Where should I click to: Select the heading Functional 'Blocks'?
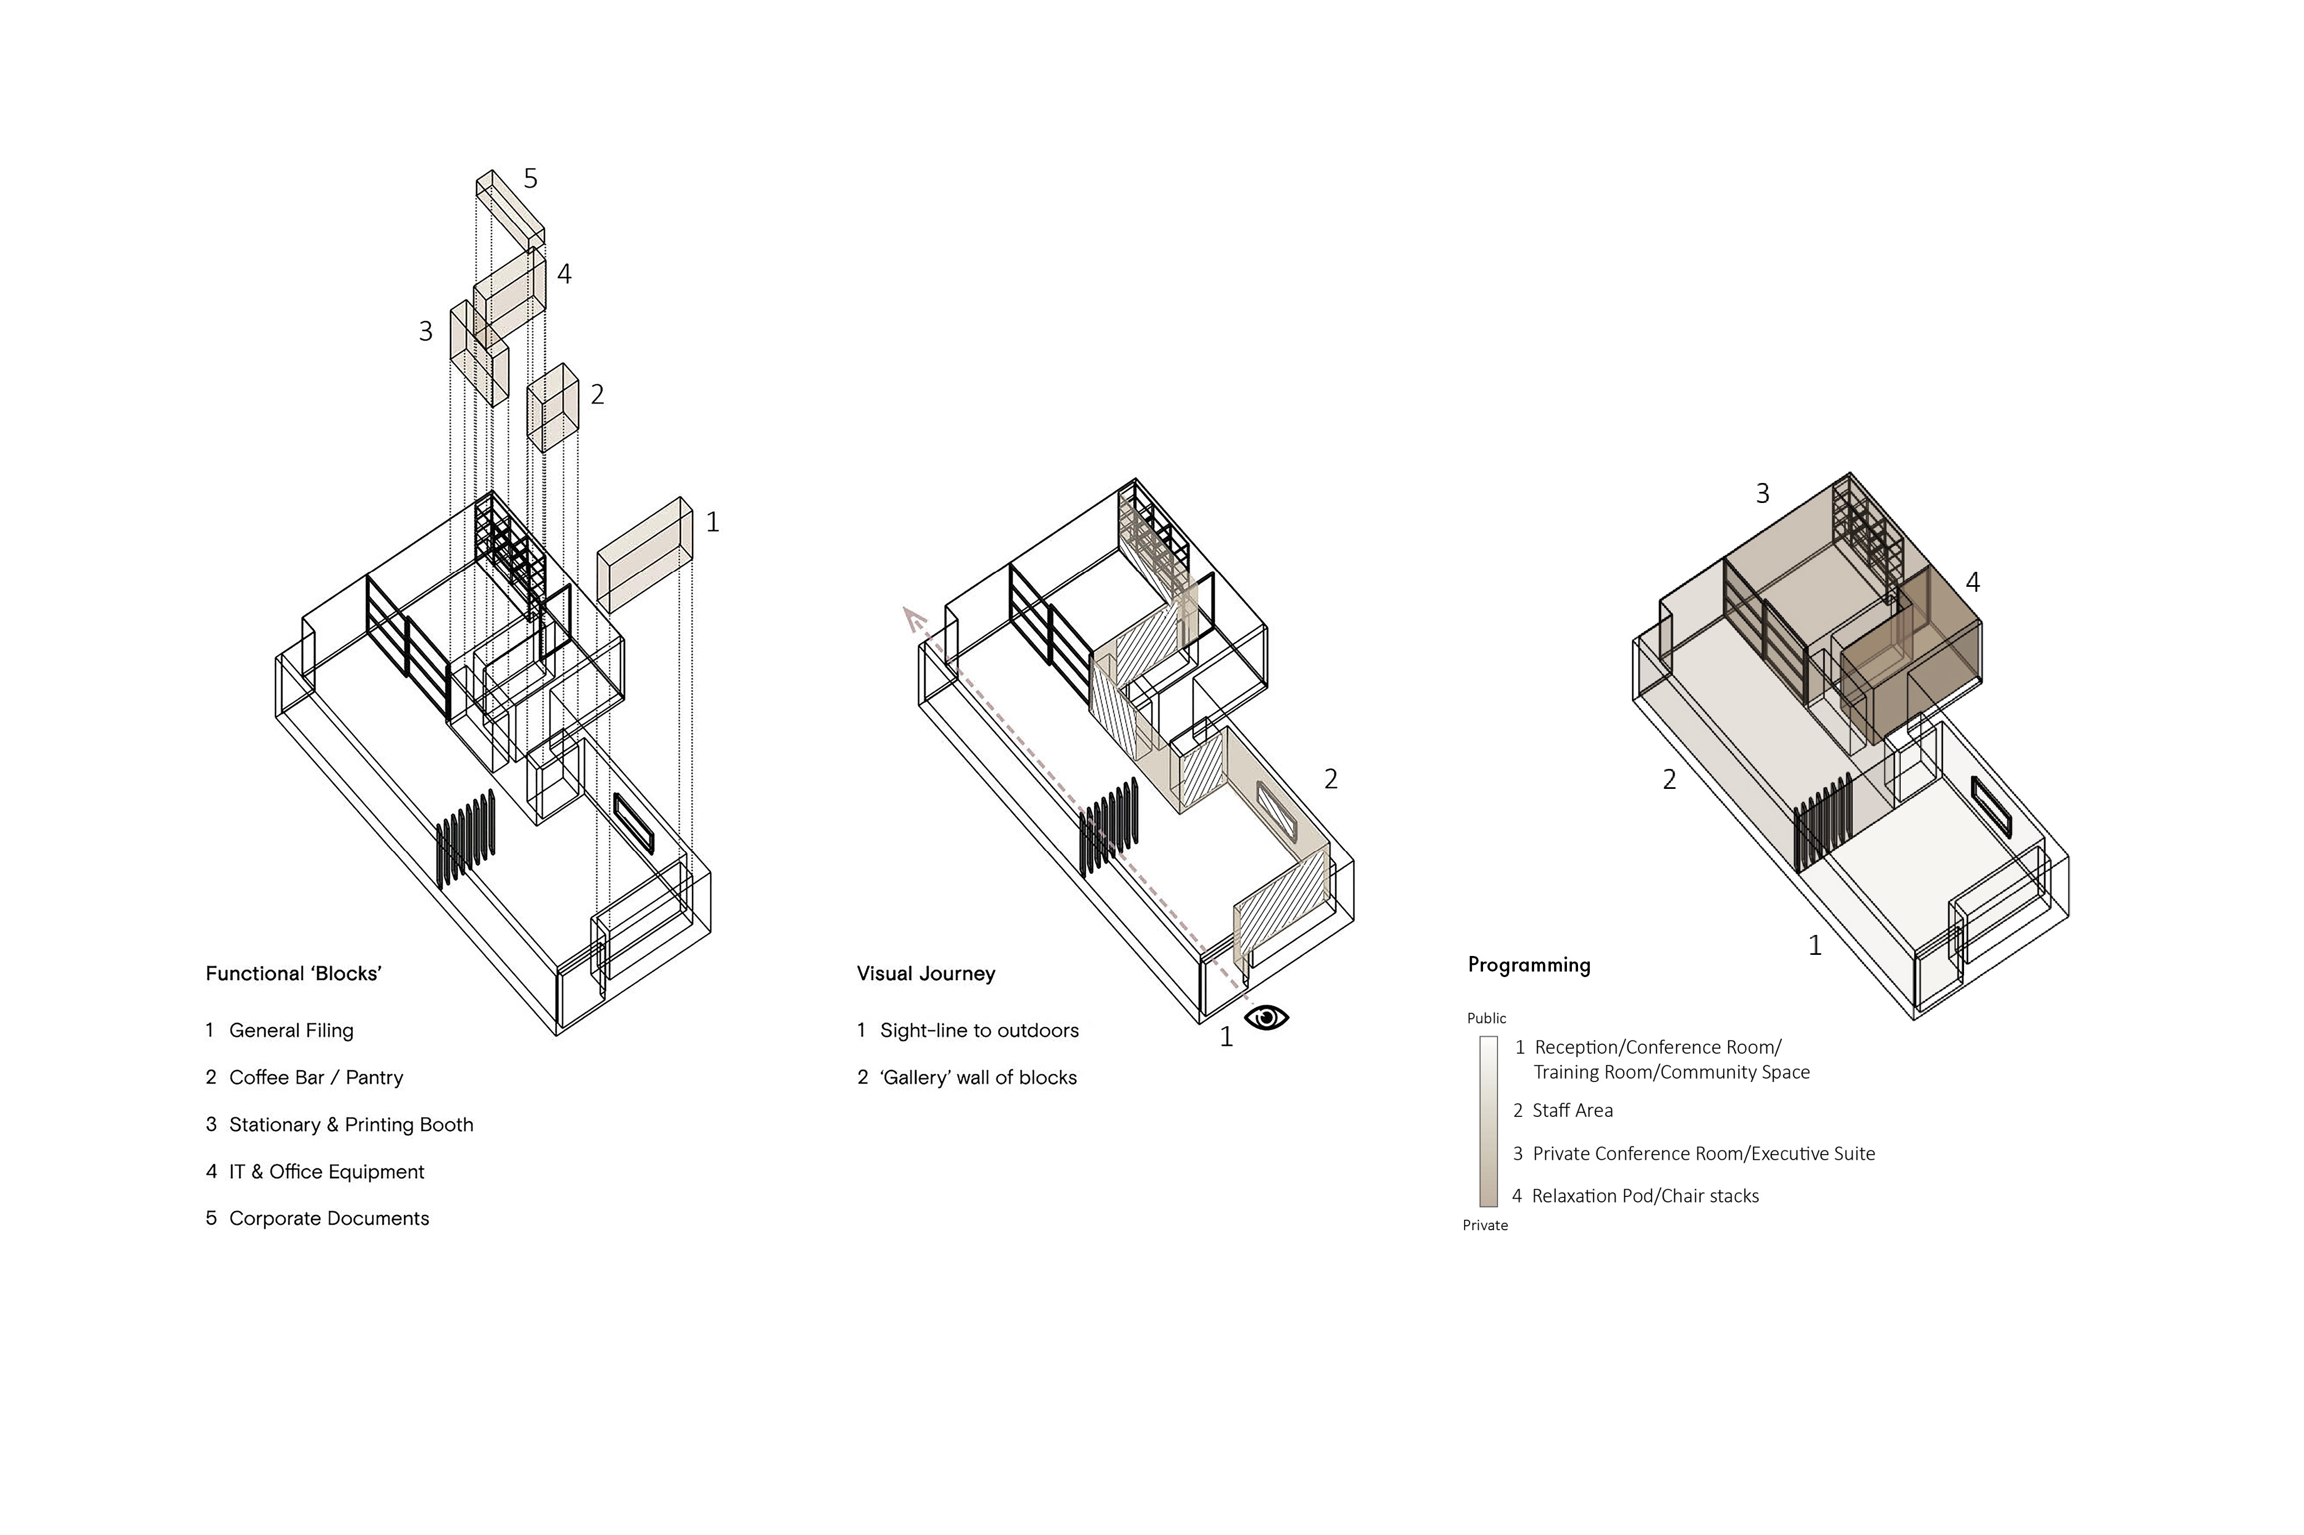pyautogui.click(x=293, y=973)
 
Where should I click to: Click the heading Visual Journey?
pyautogui.click(x=925, y=973)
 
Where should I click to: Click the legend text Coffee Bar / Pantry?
pyautogui.click(x=315, y=1077)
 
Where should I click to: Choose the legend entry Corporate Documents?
pyautogui.click(x=328, y=1218)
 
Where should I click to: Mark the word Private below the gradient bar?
pyautogui.click(x=1484, y=1226)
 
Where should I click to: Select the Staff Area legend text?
pyautogui.click(x=1571, y=1110)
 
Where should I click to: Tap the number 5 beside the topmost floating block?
pyautogui.click(x=530, y=178)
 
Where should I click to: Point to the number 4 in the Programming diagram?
pyautogui.click(x=1972, y=582)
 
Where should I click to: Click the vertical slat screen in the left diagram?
pyautogui.click(x=465, y=838)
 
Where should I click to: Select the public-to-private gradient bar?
pyautogui.click(x=1487, y=1121)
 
